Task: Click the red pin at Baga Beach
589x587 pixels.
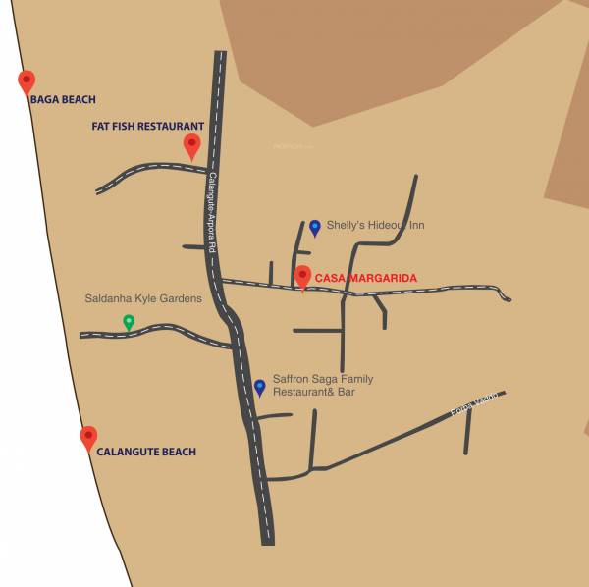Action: tap(27, 81)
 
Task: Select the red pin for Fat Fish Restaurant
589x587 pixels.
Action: tap(191, 145)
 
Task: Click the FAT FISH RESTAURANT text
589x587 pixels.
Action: tap(147, 127)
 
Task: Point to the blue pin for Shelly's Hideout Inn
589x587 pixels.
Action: tap(315, 227)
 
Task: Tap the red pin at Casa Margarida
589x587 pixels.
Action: tap(303, 277)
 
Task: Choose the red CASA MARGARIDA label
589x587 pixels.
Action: tap(366, 279)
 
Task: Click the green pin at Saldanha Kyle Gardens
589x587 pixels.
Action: tap(128, 321)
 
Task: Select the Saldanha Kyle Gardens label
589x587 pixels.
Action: tap(143, 298)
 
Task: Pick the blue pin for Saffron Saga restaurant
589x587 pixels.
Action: tap(259, 387)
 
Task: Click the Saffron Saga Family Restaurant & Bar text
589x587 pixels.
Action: tap(323, 386)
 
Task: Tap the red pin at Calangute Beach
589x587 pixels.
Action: tap(88, 437)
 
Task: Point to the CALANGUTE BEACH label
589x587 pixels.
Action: tap(146, 452)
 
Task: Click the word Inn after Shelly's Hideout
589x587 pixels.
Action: tap(416, 225)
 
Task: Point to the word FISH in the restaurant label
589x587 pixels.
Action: tap(125, 127)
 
